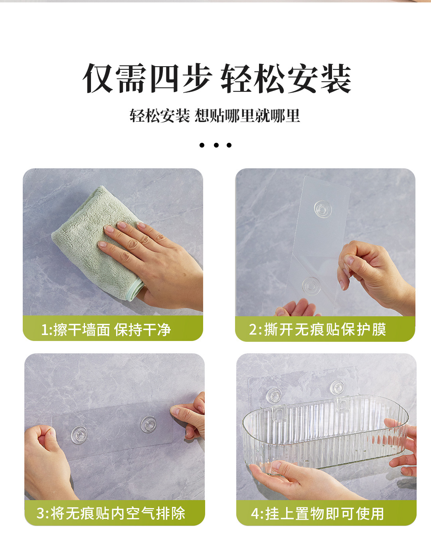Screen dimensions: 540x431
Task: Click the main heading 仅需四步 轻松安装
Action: pos(217,79)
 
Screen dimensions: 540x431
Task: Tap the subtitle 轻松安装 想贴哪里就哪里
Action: pos(215,116)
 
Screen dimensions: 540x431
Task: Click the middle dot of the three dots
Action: pos(216,145)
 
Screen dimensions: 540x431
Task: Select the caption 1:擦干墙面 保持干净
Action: pos(106,330)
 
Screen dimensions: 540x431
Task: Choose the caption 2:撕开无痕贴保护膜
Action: pos(318,330)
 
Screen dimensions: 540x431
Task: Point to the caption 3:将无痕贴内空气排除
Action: pos(111,513)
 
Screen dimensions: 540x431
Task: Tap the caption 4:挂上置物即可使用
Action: pos(318,514)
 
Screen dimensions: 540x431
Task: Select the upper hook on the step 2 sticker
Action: pos(323,209)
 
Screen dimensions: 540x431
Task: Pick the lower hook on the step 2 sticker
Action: pos(310,285)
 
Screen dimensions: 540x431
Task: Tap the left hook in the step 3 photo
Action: pos(79,434)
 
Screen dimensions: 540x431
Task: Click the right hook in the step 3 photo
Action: pos(148,424)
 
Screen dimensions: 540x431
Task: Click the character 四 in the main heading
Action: pos(164,79)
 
